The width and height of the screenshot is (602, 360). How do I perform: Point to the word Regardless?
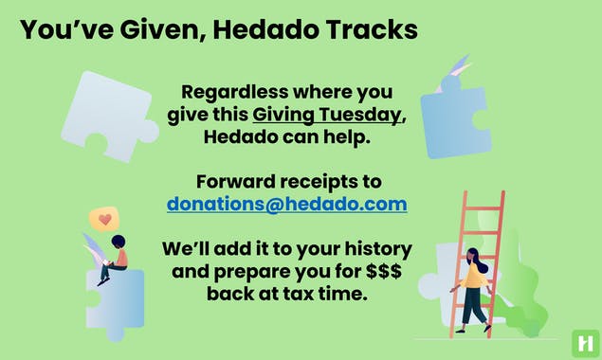(233, 93)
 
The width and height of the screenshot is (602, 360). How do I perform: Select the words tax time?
(328, 295)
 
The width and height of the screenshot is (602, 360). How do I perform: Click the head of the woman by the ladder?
(471, 255)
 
